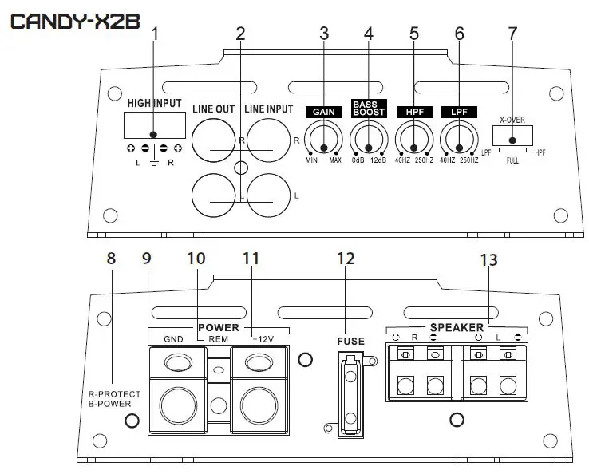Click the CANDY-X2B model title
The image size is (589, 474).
(75, 21)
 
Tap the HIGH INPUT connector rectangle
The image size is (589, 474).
(154, 125)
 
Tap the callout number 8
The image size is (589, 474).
(111, 259)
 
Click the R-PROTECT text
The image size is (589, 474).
(114, 393)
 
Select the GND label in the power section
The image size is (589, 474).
(173, 338)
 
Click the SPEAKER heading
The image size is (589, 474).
(457, 327)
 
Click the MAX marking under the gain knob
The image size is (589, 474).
(335, 160)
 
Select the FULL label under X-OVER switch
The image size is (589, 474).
(512, 160)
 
